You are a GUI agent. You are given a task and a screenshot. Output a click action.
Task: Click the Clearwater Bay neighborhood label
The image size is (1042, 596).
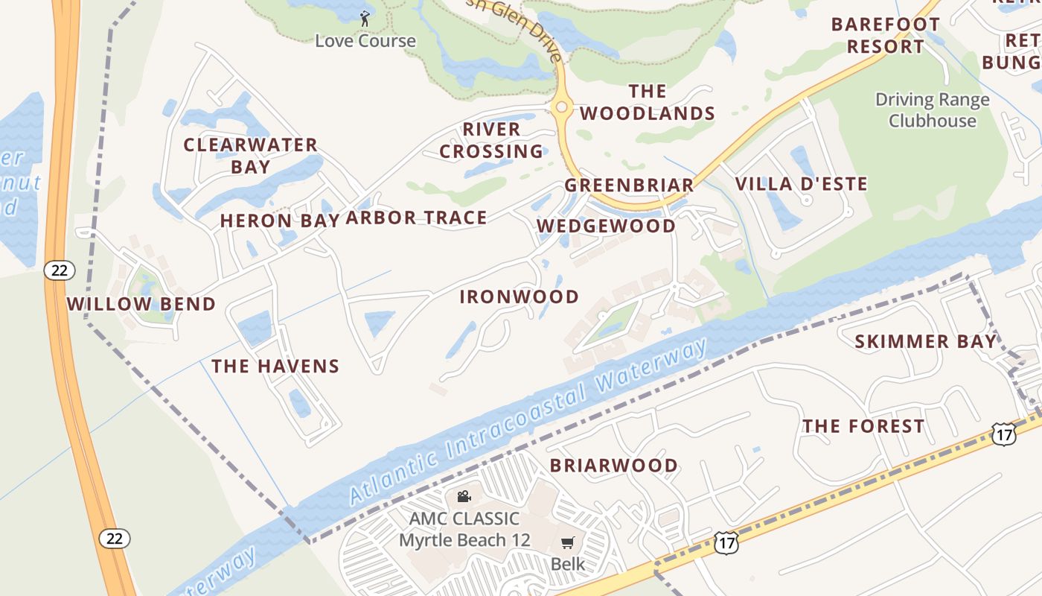point(251,156)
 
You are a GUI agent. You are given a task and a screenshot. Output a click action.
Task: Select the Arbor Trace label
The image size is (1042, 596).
point(416,218)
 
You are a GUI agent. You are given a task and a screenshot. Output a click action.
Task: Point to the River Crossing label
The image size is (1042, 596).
point(491,140)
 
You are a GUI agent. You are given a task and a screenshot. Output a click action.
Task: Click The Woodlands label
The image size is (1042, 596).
point(648,102)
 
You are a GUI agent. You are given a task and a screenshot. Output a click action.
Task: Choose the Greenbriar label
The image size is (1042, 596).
point(629,185)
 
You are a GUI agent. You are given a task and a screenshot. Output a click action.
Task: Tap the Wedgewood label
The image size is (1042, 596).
point(606,226)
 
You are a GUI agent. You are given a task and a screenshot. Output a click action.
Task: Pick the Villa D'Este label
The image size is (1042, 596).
point(802,184)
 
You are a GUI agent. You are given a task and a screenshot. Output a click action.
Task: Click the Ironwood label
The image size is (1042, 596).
point(519,297)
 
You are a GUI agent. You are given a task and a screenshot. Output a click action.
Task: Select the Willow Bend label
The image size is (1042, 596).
point(141,304)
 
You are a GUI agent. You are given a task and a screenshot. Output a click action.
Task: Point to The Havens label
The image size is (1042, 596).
point(275,366)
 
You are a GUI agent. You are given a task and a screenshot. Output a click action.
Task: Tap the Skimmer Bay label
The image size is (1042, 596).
point(925,342)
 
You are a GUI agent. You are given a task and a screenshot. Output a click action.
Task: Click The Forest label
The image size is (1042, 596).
point(863,426)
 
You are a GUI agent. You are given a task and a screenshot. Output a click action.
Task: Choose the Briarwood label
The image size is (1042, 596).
point(614,466)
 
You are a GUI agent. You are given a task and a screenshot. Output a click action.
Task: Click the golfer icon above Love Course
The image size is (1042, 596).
point(365,19)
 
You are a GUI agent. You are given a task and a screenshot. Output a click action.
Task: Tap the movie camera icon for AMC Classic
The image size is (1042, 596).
point(464,496)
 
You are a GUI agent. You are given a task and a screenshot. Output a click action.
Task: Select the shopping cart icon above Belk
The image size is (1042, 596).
point(568,543)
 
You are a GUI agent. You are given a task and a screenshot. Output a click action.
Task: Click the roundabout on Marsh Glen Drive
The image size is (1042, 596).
point(562,107)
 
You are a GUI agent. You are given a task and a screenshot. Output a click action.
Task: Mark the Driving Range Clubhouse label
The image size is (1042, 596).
point(932,110)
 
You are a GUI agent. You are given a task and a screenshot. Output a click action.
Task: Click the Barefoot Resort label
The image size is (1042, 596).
point(885,35)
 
